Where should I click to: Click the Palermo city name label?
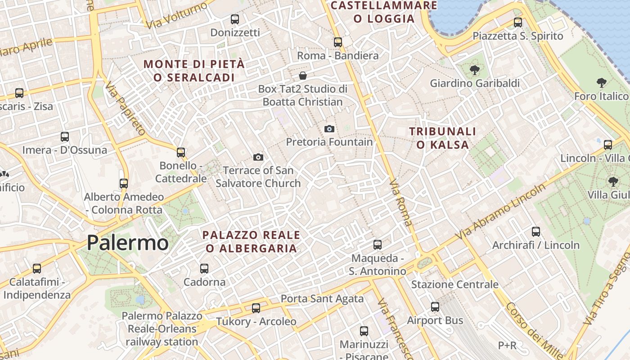(x=127, y=243)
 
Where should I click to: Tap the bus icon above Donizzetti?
(x=235, y=19)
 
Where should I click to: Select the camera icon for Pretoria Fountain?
(x=329, y=129)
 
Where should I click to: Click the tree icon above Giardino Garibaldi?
(x=474, y=70)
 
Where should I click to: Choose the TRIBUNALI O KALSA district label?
(x=442, y=138)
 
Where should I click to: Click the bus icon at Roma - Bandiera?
(x=338, y=42)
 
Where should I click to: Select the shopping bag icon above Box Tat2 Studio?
(x=303, y=75)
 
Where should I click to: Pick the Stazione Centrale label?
(x=454, y=284)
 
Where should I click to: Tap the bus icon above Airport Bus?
(x=435, y=307)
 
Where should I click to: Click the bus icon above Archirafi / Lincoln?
(x=536, y=232)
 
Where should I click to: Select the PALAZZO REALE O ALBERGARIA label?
(x=251, y=242)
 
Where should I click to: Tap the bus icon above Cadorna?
(x=204, y=269)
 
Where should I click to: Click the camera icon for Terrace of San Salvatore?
(x=258, y=157)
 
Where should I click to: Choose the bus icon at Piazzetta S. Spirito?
(x=518, y=22)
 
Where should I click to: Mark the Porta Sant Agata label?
(x=322, y=298)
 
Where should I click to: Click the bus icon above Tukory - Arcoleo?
(x=256, y=308)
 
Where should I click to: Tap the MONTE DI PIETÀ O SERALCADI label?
(x=194, y=71)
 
